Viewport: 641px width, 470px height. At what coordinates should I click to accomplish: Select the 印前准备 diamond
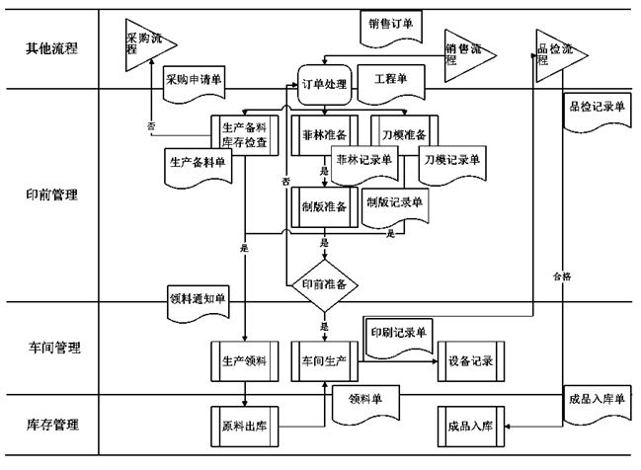click(324, 284)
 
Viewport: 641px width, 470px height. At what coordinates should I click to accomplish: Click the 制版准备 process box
click(324, 206)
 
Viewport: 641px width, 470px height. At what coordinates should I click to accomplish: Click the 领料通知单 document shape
click(199, 296)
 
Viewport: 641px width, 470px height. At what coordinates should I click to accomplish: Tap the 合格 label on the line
click(562, 277)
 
